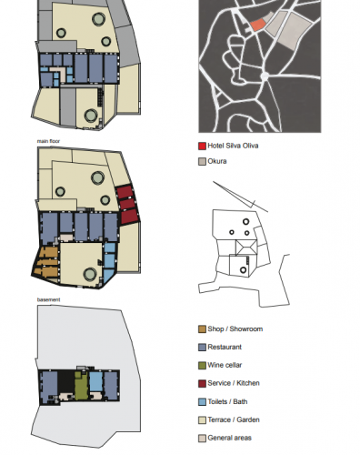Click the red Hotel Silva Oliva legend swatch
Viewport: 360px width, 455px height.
point(202,146)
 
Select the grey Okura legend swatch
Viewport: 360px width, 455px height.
point(202,161)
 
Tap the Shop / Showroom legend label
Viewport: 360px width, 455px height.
point(235,329)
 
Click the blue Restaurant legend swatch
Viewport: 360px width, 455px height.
point(202,348)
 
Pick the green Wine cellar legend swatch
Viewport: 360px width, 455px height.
point(202,366)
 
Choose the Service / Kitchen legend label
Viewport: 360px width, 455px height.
point(234,383)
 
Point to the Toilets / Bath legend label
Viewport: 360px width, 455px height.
point(227,402)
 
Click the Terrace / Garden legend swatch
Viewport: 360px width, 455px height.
point(202,420)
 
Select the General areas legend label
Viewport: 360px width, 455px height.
point(229,438)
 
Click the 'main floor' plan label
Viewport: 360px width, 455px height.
point(48,141)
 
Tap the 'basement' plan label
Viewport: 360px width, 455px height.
point(48,299)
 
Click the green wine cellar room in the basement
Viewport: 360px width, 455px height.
point(81,385)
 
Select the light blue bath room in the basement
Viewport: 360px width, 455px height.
point(96,381)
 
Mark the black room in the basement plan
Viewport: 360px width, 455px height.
point(65,381)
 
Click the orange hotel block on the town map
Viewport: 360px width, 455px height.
point(257,25)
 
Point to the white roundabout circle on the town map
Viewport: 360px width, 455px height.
point(265,76)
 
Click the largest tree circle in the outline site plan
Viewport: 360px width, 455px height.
point(245,222)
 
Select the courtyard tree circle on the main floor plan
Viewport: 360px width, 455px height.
point(90,274)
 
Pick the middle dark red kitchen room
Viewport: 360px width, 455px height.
point(126,204)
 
